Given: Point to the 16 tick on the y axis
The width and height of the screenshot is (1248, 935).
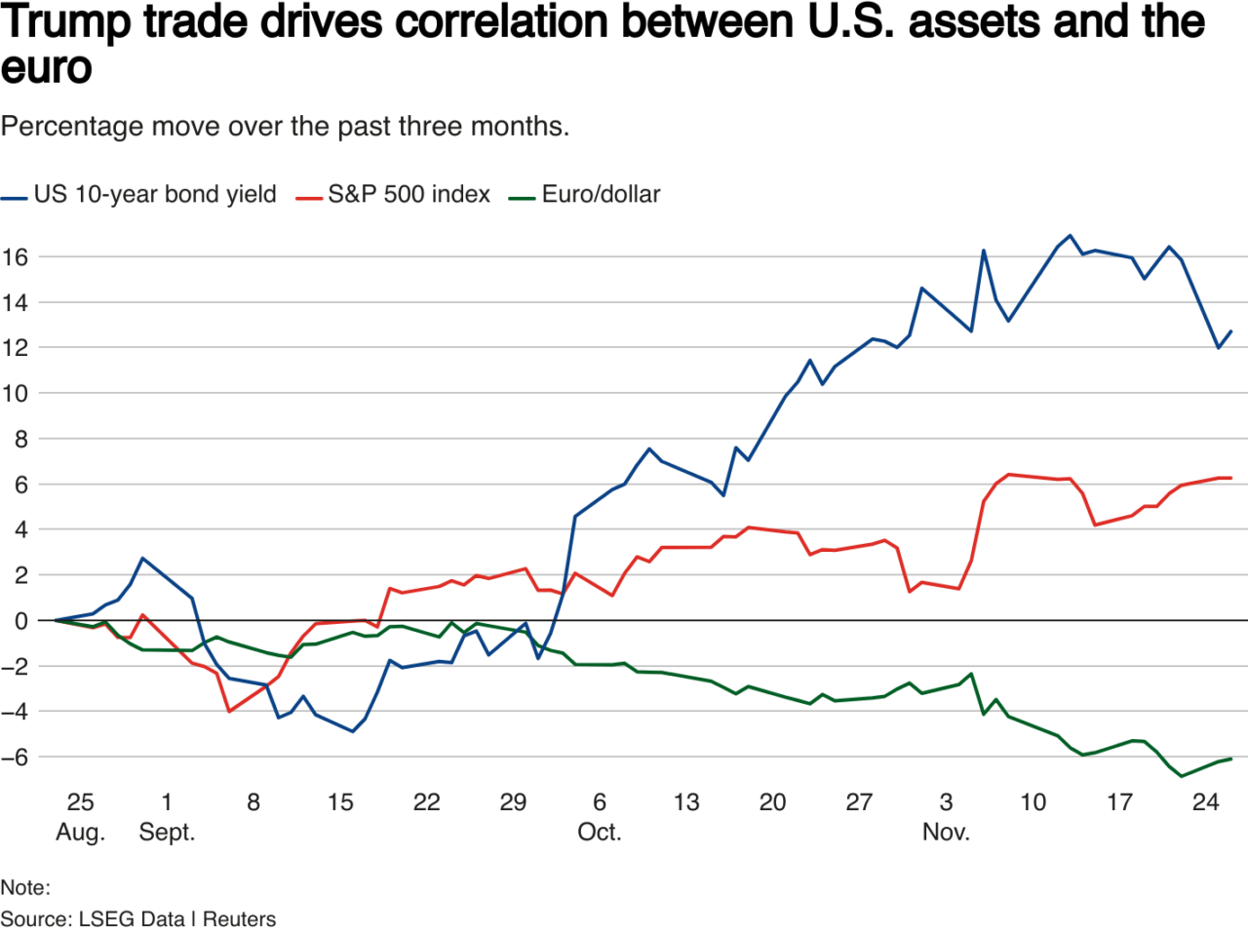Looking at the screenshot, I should [x=15, y=257].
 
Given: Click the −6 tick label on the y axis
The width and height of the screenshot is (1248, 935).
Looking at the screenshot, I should [x=15, y=758].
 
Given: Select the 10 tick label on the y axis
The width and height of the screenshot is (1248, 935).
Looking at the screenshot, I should [x=15, y=394].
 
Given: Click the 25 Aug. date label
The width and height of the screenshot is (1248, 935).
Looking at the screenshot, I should [x=80, y=817].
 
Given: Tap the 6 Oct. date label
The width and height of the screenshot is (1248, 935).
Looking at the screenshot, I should [x=599, y=817].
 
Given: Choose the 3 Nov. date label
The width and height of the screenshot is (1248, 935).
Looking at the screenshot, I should [x=946, y=817].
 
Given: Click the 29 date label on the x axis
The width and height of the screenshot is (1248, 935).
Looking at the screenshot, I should [x=513, y=802].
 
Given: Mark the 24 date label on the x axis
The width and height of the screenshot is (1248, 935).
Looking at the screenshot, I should [x=1206, y=802].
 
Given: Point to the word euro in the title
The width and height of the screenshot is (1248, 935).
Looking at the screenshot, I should [x=47, y=68].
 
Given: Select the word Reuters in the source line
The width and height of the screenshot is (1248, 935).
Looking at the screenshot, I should [x=239, y=919].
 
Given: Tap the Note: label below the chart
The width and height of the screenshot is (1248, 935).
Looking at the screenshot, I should [x=25, y=887].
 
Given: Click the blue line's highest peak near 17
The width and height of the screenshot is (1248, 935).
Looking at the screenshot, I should [x=1070, y=235].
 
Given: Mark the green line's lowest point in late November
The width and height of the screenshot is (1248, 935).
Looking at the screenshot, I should [x=1182, y=776].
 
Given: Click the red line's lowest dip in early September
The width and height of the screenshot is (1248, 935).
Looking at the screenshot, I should [x=229, y=712].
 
